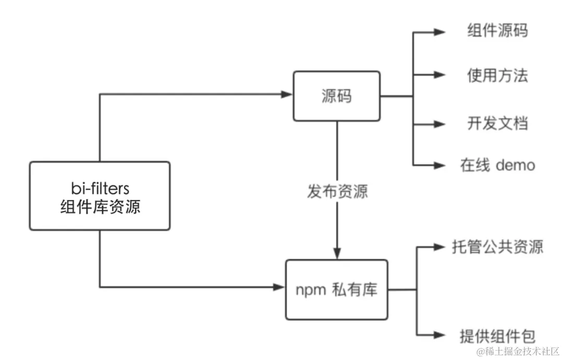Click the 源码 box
coord(337,96)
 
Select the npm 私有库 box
coord(337,290)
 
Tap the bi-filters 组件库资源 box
coord(100,196)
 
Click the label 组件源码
coord(497,31)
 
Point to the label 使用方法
coord(497,76)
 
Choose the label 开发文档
coord(497,123)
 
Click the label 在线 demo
coord(497,166)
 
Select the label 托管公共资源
coord(497,247)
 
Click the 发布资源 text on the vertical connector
coord(337,191)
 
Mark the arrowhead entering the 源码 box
coord(287,94)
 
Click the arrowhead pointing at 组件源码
coord(439,32)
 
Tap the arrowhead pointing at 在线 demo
coord(439,166)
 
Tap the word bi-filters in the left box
coord(100,187)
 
